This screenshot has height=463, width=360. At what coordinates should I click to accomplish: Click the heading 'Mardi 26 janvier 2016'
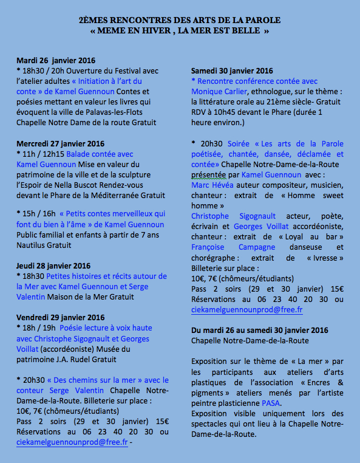tap(56, 61)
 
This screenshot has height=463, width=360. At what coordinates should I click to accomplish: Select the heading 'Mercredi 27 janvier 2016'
tap(61, 144)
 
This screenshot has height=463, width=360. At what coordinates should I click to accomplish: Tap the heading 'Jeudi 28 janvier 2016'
tap(53, 266)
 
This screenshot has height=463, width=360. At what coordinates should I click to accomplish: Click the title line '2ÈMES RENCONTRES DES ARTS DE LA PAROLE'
tap(180, 20)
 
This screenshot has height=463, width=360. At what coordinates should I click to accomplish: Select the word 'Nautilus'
tap(32, 245)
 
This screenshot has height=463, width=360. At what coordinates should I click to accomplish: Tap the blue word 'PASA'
tap(270, 402)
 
